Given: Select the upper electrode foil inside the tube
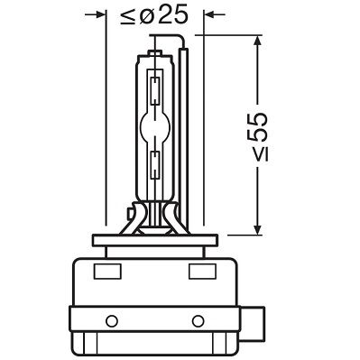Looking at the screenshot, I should (158, 90).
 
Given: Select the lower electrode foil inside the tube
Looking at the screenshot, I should (158, 165).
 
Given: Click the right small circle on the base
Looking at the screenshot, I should (203, 319).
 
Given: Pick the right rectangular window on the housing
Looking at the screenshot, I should (198, 271).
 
